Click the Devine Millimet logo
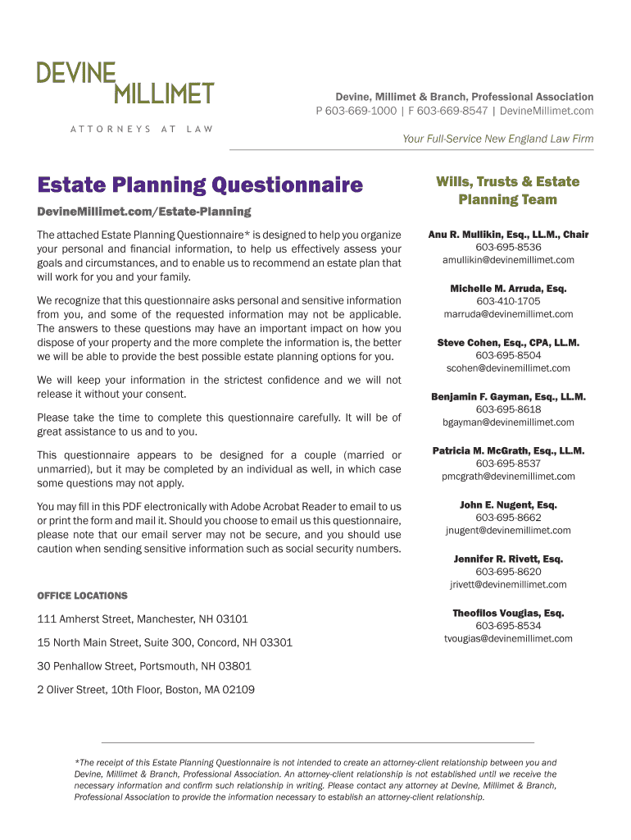tap(125, 83)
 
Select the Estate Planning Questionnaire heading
tap(199, 185)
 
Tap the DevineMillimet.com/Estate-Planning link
tap(143, 212)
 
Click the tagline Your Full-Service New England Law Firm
tap(497, 139)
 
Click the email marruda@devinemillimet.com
tap(508, 314)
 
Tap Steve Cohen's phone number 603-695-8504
tap(508, 355)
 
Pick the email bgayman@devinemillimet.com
tap(508, 422)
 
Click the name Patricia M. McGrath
tap(478, 451)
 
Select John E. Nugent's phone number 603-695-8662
tap(508, 518)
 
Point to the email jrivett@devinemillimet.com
tap(508, 585)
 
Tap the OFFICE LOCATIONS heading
tap(82, 596)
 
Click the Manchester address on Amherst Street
tap(143, 619)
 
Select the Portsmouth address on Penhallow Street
tap(144, 666)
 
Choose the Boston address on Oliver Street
tap(146, 690)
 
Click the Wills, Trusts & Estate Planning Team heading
tap(507, 190)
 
